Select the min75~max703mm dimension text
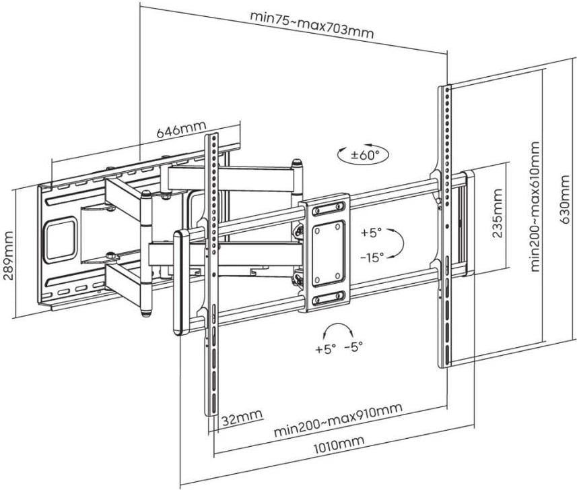click(312, 25)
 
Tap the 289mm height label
click(7, 255)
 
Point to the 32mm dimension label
click(242, 417)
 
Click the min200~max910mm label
click(338, 420)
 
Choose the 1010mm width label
click(339, 445)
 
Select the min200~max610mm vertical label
click(535, 207)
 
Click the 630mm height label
click(567, 200)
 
